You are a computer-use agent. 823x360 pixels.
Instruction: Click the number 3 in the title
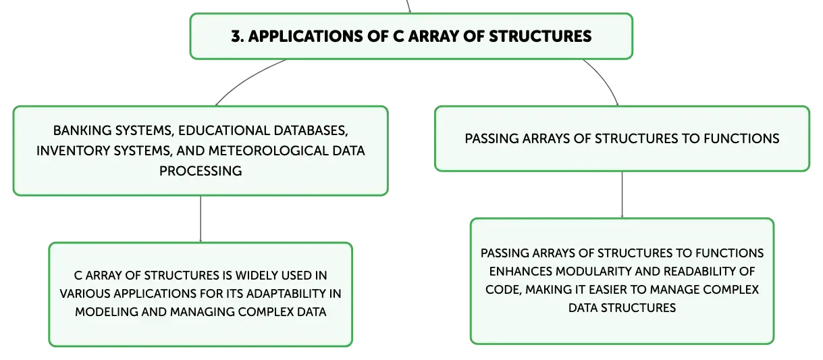[236, 36]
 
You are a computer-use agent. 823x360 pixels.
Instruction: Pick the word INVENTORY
[73, 151]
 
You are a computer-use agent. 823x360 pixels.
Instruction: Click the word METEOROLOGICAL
[269, 151]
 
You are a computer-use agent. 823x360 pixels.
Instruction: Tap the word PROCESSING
[201, 171]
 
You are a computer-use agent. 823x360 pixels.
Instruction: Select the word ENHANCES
[521, 272]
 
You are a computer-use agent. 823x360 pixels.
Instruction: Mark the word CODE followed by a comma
[504, 290]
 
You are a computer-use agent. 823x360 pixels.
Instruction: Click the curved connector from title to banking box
[247, 78]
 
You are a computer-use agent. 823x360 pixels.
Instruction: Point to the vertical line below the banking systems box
[201, 219]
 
